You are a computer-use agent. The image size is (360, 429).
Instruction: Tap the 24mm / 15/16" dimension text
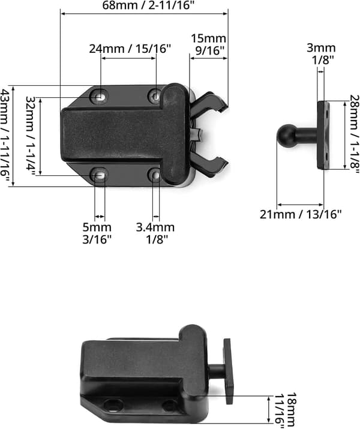[130, 49]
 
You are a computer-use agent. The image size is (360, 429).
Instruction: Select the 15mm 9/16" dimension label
[208, 44]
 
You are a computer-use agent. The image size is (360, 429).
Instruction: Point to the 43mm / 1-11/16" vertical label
[5, 136]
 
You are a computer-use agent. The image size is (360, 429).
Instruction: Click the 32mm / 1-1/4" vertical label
[30, 136]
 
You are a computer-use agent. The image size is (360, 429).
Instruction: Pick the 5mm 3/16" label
[97, 233]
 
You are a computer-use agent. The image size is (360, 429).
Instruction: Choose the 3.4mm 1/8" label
[155, 233]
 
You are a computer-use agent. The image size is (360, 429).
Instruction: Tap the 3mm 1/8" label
[321, 53]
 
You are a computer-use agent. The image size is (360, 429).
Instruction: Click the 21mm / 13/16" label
[301, 214]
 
